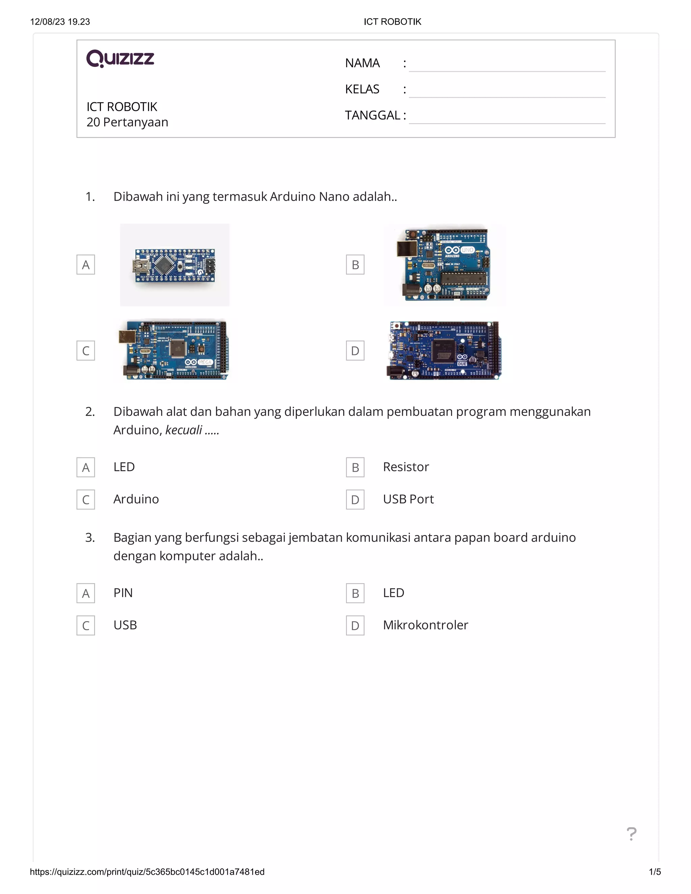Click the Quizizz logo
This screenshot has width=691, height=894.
coord(120,59)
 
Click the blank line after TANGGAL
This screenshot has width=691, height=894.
coord(507,117)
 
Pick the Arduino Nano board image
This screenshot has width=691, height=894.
coord(174,265)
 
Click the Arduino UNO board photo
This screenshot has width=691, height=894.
coord(445,265)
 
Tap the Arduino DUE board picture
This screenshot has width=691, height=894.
coord(445,351)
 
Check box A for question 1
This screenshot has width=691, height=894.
coord(86,265)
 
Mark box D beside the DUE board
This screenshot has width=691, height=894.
coord(355,351)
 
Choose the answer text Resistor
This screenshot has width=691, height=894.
coord(406,467)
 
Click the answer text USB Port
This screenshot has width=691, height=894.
coord(408,499)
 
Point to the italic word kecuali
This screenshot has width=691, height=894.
coord(184,430)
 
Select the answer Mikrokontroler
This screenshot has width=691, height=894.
coord(425,625)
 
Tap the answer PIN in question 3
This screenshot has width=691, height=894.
coord(123,593)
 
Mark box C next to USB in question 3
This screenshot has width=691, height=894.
coord(86,625)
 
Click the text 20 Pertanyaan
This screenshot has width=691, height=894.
coord(127,122)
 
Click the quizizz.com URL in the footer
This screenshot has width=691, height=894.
coord(147,872)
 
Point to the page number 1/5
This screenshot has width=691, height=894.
coord(655,872)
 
